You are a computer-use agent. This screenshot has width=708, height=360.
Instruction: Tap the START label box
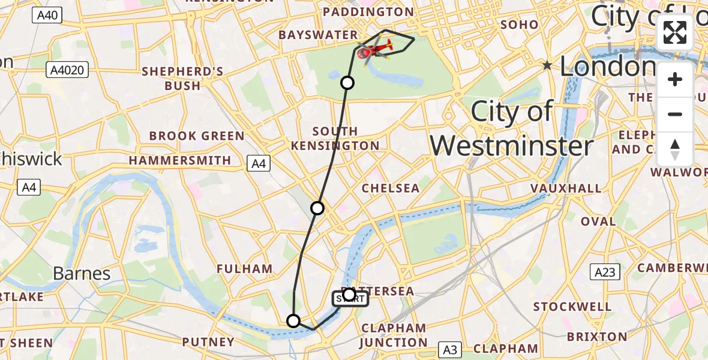[350, 298]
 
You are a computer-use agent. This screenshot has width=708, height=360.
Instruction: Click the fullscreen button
[675, 32]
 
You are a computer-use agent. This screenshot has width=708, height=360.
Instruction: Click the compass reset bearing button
[675, 149]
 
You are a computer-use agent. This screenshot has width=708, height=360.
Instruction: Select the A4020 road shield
[67, 70]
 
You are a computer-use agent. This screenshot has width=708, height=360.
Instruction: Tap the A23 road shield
[605, 272]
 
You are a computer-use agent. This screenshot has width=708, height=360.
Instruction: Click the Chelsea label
[391, 188]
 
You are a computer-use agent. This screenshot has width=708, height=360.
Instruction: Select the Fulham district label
[245, 269]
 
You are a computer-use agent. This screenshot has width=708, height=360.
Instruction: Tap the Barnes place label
[82, 274]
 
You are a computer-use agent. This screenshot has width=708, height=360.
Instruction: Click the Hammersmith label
[180, 161]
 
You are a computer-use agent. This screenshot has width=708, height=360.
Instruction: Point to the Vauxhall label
[566, 188]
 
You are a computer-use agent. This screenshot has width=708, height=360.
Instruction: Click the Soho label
[518, 25]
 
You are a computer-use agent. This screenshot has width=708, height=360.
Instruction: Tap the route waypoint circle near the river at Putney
[293, 321]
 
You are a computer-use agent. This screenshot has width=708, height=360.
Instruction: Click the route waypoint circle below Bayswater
[347, 83]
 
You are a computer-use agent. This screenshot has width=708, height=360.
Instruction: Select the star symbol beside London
[547, 65]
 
